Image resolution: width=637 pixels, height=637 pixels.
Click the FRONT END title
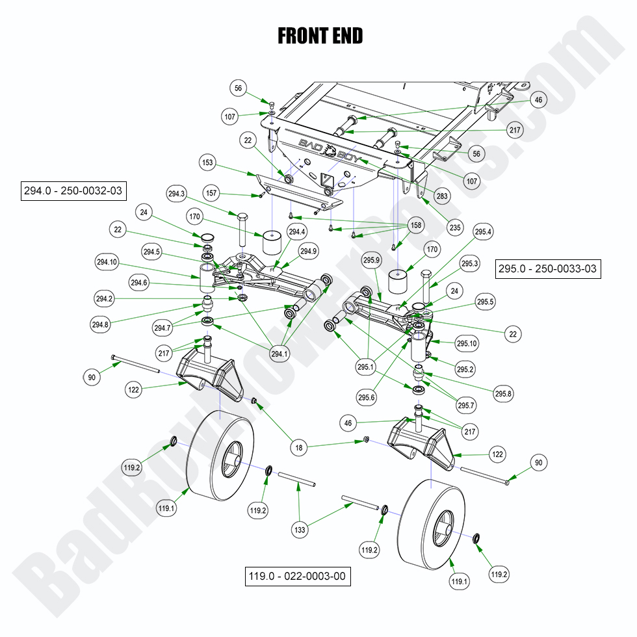320,36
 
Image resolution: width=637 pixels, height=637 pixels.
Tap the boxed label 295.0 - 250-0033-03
548,268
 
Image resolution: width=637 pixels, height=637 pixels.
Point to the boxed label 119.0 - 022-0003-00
298,576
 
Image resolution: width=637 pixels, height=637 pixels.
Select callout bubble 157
229,193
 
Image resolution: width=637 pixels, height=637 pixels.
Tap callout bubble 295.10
466,343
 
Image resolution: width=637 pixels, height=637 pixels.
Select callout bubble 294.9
308,251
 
